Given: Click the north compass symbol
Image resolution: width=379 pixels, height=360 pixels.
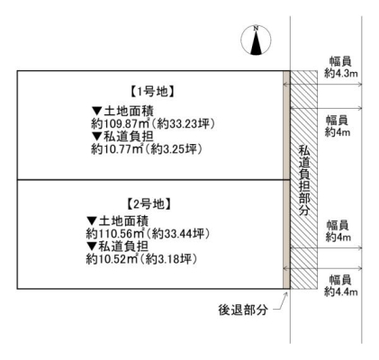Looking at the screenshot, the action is [x=256, y=40].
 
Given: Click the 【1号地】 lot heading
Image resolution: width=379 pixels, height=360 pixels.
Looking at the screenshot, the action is [x=153, y=92].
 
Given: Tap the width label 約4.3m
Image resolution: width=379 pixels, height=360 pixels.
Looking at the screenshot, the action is [x=341, y=74].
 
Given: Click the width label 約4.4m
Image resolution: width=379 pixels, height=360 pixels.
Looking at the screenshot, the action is [x=341, y=292].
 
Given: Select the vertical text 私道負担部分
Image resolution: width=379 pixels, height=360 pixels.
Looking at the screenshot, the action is [x=304, y=180].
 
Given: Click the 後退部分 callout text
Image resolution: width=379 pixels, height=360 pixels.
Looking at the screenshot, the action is [x=243, y=310].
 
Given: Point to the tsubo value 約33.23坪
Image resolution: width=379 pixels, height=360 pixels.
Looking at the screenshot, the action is [x=185, y=123].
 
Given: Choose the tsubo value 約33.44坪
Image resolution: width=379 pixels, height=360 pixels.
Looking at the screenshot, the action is [x=181, y=233].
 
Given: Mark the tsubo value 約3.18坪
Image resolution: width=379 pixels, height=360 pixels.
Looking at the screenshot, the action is [x=171, y=259].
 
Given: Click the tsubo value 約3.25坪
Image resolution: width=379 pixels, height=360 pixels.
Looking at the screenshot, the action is [x=176, y=148].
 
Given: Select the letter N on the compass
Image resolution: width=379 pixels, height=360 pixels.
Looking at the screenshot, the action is [x=256, y=29].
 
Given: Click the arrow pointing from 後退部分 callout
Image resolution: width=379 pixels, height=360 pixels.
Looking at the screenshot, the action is [x=281, y=301].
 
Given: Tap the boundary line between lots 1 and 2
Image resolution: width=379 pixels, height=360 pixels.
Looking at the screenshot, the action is [x=153, y=180].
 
